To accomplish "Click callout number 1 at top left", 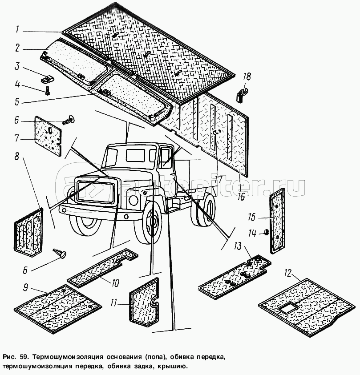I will [16, 30].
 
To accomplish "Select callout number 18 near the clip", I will [247, 77].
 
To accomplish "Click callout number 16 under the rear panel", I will [241, 196].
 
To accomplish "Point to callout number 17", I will [218, 180].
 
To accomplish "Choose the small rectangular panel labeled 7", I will [48, 136].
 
